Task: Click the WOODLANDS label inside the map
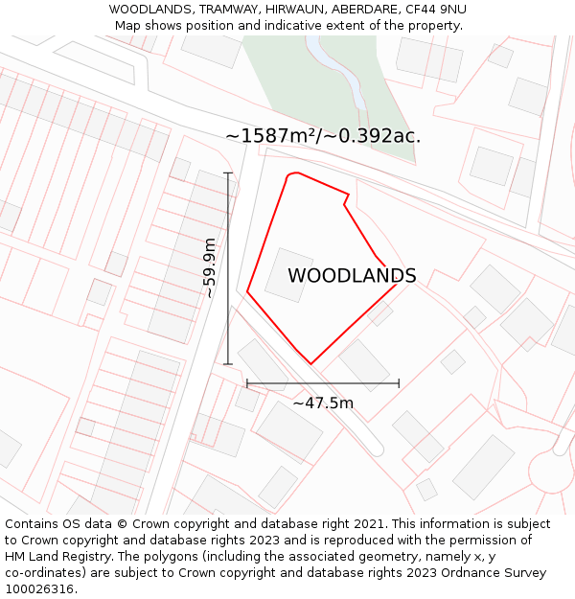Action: coord(352,276)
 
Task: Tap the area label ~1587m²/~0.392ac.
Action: coord(323,136)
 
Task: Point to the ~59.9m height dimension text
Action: coord(210,268)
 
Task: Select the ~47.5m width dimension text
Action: coord(323,403)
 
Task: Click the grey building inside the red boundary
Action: coord(288,275)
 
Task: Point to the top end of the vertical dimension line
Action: coord(228,173)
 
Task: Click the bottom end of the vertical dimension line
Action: coord(228,364)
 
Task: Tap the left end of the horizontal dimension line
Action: coord(247,383)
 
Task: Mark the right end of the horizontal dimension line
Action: coord(399,383)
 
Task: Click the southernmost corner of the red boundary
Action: coord(311,364)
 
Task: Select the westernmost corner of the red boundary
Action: coord(247,291)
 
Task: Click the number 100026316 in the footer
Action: coord(39,589)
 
